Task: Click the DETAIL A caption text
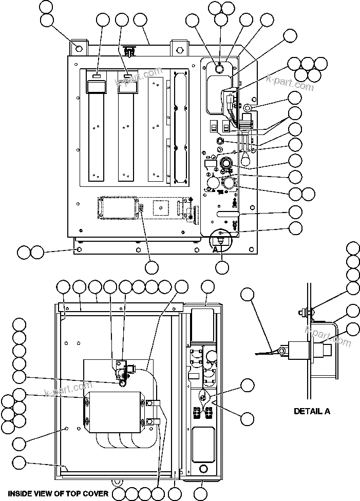[312, 411]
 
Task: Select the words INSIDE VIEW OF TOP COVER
[58, 494]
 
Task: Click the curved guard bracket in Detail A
[334, 349]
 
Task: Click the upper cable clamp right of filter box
[153, 404]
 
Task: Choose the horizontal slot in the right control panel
[228, 213]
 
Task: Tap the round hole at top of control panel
[219, 68]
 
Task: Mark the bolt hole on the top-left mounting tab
[78, 48]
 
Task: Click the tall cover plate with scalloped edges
[179, 126]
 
